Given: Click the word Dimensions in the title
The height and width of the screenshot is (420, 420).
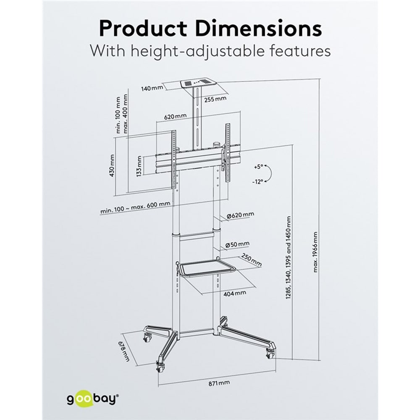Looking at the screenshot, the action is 259,28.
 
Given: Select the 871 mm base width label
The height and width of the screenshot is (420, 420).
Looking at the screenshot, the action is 219,383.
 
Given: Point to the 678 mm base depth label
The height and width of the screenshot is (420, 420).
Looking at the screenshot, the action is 124,351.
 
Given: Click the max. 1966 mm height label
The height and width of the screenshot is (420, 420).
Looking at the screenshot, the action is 315,252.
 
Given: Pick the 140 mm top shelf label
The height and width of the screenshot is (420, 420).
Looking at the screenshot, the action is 152,88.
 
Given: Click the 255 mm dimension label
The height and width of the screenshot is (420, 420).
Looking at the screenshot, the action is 215,99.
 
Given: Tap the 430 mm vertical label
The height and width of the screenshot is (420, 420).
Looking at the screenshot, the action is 112,165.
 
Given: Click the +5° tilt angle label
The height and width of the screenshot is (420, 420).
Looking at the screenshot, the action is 259,167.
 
